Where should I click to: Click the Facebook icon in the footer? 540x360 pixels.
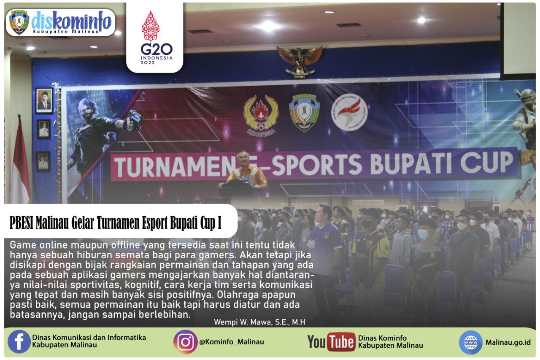pyautogui.click(x=19, y=341)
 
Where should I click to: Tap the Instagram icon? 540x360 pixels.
pyautogui.click(x=185, y=341)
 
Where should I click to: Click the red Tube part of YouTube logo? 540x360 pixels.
pyautogui.click(x=341, y=342)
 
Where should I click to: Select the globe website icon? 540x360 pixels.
pyautogui.click(x=470, y=342)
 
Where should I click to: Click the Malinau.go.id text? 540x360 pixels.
pyautogui.click(x=508, y=342)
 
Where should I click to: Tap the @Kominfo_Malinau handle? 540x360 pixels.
pyautogui.click(x=232, y=342)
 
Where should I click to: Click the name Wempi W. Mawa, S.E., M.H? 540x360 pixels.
pyautogui.click(x=259, y=322)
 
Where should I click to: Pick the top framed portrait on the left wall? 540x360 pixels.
pyautogui.click(x=44, y=101)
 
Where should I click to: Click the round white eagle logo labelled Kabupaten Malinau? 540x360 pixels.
pyautogui.click(x=349, y=112)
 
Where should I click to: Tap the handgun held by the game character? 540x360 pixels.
pyautogui.click(x=135, y=119)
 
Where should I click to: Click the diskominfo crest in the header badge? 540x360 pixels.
pyautogui.click(x=19, y=22)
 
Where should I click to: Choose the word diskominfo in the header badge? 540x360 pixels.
pyautogui.click(x=71, y=19)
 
